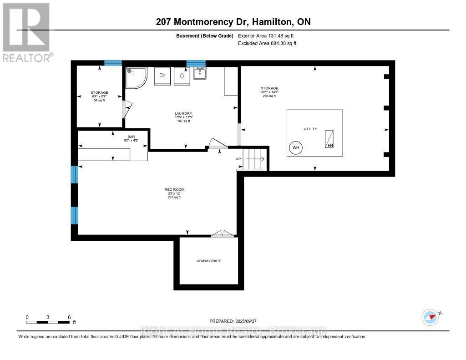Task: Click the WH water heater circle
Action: click(x=295, y=148)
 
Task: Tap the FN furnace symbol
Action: click(x=329, y=139)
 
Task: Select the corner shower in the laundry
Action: click(x=136, y=77)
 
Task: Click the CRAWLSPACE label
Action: click(x=208, y=261)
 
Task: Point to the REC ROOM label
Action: click(x=174, y=189)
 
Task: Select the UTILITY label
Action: click(x=310, y=129)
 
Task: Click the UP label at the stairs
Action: click(x=238, y=159)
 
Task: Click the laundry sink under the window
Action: click(x=200, y=74)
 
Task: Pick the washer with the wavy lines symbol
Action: click(x=162, y=76)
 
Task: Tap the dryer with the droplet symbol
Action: click(x=182, y=76)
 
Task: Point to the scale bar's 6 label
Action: click(x=69, y=317)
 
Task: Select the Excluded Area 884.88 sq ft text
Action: click(x=267, y=44)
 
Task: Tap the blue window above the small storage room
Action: click(x=113, y=63)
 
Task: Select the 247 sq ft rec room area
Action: click(x=174, y=197)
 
